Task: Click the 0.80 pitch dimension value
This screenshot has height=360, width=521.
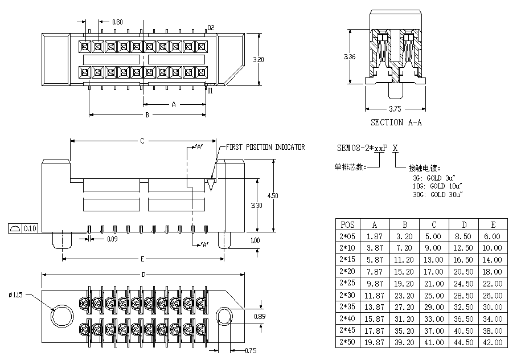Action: [x=117, y=22]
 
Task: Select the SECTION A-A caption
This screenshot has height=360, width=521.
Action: [x=396, y=122]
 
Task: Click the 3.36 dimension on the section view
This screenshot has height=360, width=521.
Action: [x=350, y=56]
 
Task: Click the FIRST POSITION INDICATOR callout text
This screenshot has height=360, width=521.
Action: [x=265, y=147]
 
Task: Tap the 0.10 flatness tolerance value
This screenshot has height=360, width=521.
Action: [x=30, y=228]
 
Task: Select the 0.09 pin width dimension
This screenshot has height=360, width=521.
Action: [x=112, y=239]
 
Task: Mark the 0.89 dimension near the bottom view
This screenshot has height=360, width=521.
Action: [x=260, y=316]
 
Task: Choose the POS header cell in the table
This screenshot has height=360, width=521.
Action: [x=346, y=224]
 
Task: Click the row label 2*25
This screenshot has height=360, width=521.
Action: [x=346, y=283]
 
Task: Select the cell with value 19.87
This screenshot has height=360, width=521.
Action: [x=374, y=342]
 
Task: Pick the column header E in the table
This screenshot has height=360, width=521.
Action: [x=492, y=224]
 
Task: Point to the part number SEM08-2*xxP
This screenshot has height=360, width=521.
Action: [x=363, y=148]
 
